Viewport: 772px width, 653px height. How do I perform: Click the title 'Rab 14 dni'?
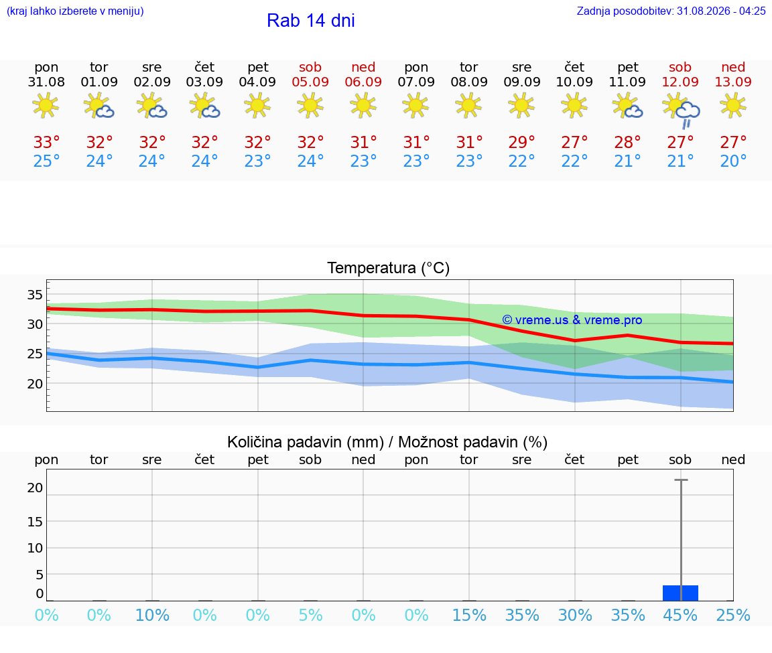311,21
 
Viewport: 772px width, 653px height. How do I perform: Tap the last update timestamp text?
671,11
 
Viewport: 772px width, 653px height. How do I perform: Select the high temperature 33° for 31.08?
46,142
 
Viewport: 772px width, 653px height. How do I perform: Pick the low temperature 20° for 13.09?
733,161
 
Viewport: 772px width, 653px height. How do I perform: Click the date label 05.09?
310,82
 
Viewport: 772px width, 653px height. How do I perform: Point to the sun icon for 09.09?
521,105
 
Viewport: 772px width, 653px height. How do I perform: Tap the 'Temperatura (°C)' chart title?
389,268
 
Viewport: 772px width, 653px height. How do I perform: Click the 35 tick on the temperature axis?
35,295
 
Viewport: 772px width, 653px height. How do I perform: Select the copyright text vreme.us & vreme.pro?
572,320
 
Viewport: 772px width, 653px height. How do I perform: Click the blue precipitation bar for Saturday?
680,593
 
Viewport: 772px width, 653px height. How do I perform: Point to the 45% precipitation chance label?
680,615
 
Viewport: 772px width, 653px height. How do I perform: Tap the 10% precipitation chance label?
152,615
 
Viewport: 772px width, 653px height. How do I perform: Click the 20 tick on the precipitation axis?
35,488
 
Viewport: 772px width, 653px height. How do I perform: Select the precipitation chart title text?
387,442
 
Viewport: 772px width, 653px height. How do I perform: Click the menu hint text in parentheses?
75,11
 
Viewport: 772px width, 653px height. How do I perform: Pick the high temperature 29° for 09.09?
521,142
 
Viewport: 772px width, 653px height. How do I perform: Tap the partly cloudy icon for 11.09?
628,106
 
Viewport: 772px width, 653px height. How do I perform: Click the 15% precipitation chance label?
468,615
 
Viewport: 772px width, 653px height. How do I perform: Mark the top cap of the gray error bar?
681,480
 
